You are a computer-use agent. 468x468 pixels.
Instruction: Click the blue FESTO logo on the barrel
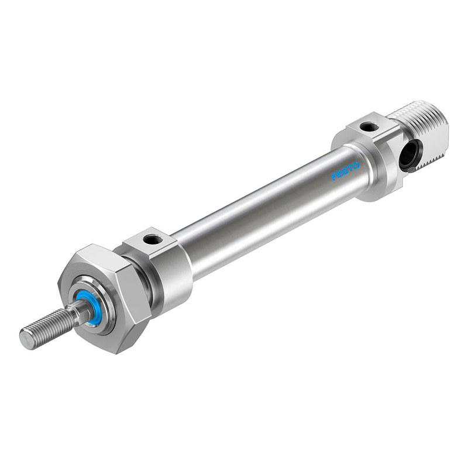pyautogui.click(x=346, y=171)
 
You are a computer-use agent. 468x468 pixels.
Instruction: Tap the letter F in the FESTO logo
pyautogui.click(x=334, y=177)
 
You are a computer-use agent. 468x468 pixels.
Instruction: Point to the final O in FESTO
pyautogui.click(x=357, y=165)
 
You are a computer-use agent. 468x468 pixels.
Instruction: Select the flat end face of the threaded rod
pyautogui.click(x=26, y=340)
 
